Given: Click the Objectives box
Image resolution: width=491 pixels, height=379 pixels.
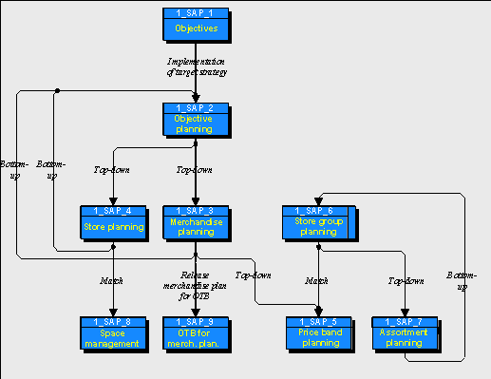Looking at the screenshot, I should coord(195,28).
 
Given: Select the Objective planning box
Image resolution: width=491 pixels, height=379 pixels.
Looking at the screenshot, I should coord(195,122).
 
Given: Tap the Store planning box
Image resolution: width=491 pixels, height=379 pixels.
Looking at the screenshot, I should coord(113,227).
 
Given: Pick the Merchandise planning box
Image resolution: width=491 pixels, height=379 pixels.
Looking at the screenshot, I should coord(195,227).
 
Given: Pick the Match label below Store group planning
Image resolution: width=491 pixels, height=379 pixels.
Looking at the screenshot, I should coord(317,280).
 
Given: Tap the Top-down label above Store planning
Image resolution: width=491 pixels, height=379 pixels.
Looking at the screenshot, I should coord(112,171).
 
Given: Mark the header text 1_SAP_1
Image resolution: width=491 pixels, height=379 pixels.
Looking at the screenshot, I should coord(195,12).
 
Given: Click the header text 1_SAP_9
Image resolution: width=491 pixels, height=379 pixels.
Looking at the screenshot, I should coord(195,321).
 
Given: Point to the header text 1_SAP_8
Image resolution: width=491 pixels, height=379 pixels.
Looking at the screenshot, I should coord(113,321).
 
